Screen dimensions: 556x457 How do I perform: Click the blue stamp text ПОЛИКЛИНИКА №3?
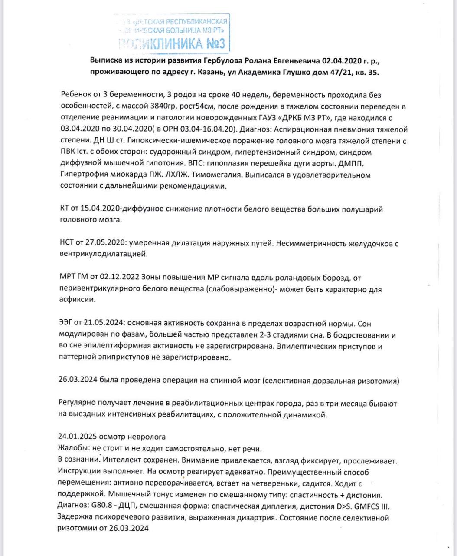(x=173, y=43)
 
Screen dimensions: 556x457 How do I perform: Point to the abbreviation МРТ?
(x=67, y=278)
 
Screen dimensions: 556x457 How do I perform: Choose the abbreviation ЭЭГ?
(x=65, y=324)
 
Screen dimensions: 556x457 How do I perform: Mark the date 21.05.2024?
(x=103, y=324)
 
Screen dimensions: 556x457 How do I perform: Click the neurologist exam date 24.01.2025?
(x=77, y=437)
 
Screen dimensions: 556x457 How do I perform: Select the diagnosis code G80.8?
(x=101, y=506)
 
